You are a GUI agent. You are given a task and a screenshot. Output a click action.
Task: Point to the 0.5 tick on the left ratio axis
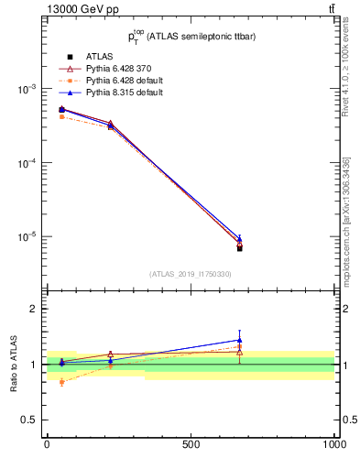point(30,420)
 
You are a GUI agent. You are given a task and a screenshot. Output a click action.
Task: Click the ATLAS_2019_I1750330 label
point(190,274)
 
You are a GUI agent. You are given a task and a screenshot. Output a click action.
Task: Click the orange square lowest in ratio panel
point(61,382)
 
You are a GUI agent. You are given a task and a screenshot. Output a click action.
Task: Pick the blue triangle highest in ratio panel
point(239,340)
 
